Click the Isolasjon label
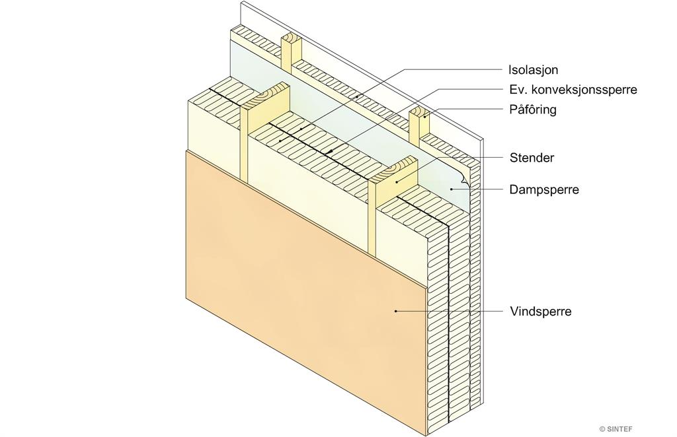point(534,70)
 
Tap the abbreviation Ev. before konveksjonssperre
point(517,90)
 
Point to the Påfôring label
point(533,110)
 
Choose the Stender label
point(532,158)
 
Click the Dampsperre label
point(544,189)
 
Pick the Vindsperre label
point(541,311)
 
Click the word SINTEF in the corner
point(620,429)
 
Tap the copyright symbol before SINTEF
point(602,429)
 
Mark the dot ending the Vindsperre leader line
point(395,311)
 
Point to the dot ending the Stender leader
point(397,183)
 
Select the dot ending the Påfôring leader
point(425,116)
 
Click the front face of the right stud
point(372,220)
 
